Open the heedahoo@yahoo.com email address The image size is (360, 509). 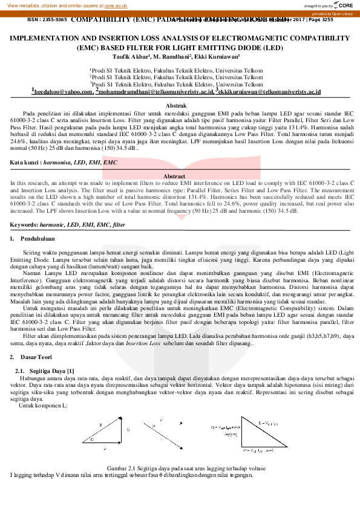click(x=63, y=92)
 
